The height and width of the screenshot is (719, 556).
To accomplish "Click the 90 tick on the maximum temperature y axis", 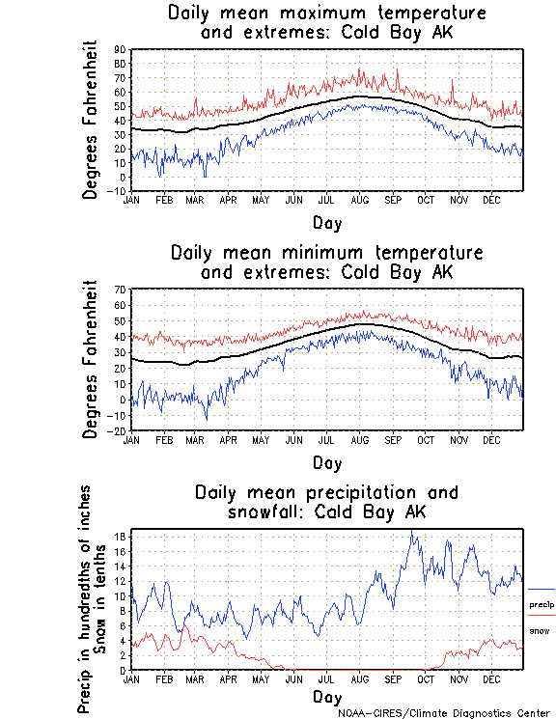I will coord(121,49).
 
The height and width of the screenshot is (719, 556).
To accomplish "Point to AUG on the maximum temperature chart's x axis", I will coord(358,200).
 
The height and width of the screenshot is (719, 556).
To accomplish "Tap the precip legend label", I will coord(541,605).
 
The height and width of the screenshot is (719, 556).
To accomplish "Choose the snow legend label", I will coord(539,630).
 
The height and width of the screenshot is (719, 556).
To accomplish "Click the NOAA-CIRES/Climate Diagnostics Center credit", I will coord(445,713).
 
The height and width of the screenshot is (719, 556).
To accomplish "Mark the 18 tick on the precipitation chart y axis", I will coord(121,537).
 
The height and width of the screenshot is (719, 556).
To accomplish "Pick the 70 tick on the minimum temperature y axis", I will coord(121,290).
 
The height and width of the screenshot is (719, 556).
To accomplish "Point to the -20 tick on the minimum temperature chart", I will coord(118,431).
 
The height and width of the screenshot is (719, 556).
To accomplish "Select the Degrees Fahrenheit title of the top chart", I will coord(91,120).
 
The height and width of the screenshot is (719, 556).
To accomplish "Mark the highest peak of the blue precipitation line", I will coord(412,531).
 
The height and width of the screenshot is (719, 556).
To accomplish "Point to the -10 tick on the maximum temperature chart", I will coord(118,191).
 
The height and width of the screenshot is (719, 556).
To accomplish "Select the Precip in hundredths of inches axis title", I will coord(84,601).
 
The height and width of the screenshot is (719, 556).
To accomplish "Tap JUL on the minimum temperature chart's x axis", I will coord(326,439).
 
